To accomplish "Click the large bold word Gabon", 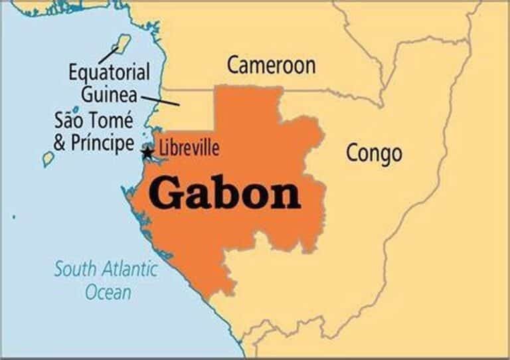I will point(224,193).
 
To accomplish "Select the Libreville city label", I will point(189,148).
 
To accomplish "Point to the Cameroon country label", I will point(271,65).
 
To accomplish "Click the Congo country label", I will point(374,153).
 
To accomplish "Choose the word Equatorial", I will point(109,72).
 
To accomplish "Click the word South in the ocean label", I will point(75,270).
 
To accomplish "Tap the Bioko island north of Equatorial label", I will point(122,42).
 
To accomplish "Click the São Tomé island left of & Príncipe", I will point(48,159).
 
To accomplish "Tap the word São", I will point(71,121).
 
